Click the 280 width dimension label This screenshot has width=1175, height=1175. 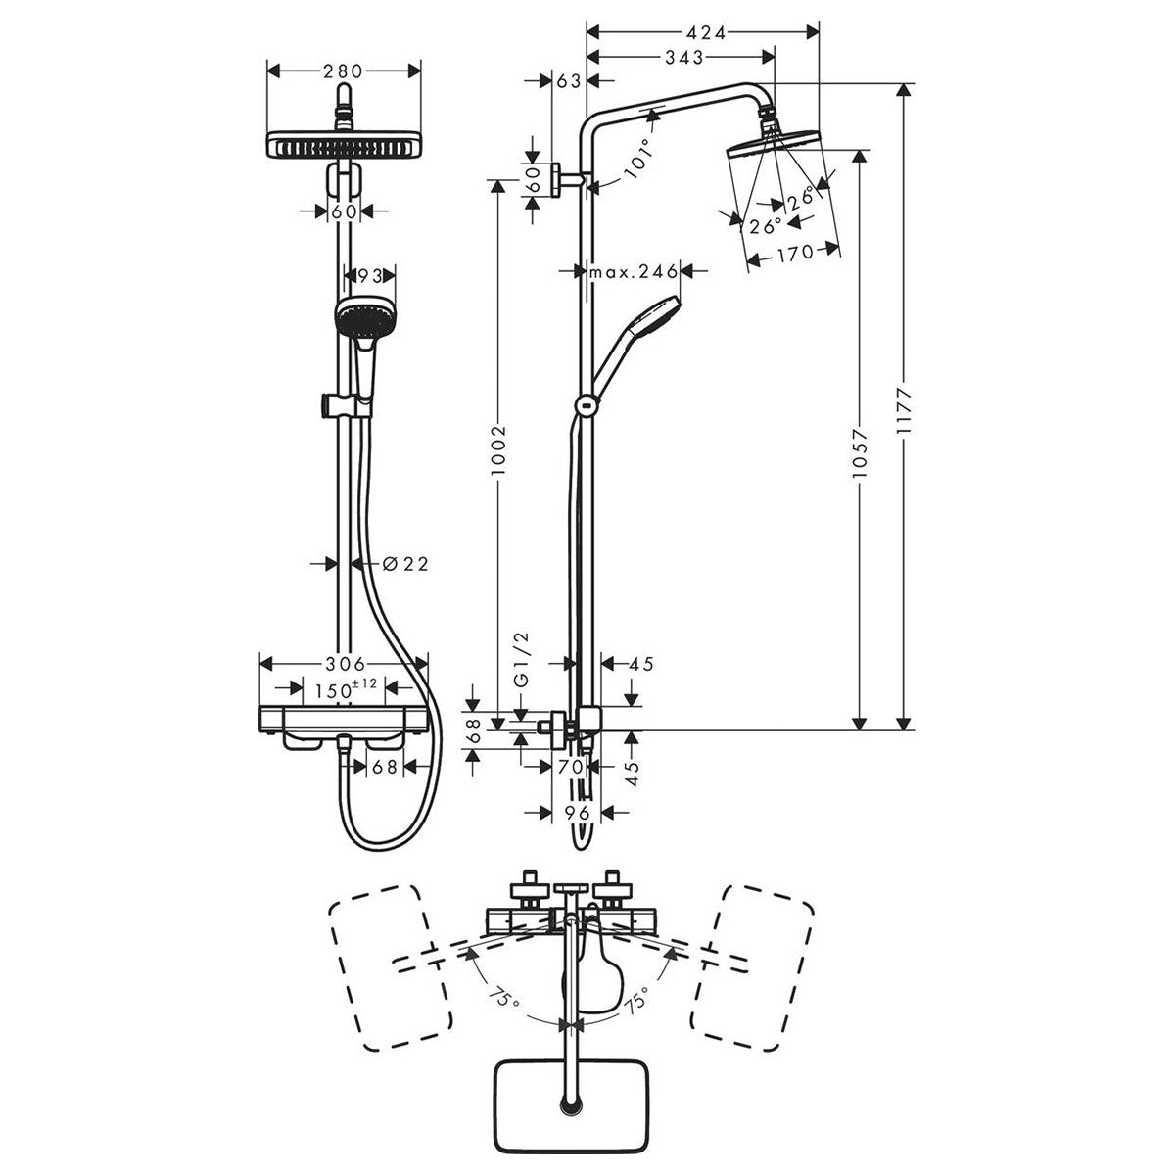coord(344,70)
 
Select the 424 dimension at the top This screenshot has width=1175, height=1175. coord(701,33)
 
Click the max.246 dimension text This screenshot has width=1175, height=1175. coord(633,270)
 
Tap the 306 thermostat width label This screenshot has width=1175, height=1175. coord(344,663)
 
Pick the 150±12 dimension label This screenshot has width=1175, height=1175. coord(344,688)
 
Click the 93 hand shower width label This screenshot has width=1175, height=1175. coord(369,277)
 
